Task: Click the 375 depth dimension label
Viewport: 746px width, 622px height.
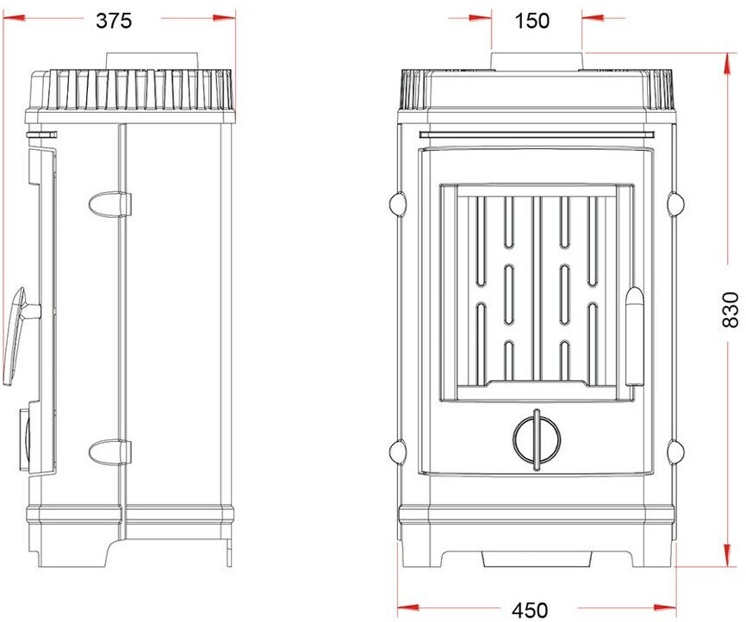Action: (x=114, y=21)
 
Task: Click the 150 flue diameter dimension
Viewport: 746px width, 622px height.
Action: (x=532, y=21)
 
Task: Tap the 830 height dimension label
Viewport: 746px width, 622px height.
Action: (x=730, y=310)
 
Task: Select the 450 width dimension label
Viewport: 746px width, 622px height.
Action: (x=531, y=610)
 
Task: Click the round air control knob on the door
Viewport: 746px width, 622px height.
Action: (x=537, y=439)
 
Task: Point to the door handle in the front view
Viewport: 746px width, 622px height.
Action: (x=634, y=336)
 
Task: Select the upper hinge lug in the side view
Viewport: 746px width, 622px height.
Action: (x=110, y=204)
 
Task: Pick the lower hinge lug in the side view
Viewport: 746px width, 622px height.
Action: (x=110, y=452)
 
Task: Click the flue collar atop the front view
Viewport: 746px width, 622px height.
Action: (x=537, y=61)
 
